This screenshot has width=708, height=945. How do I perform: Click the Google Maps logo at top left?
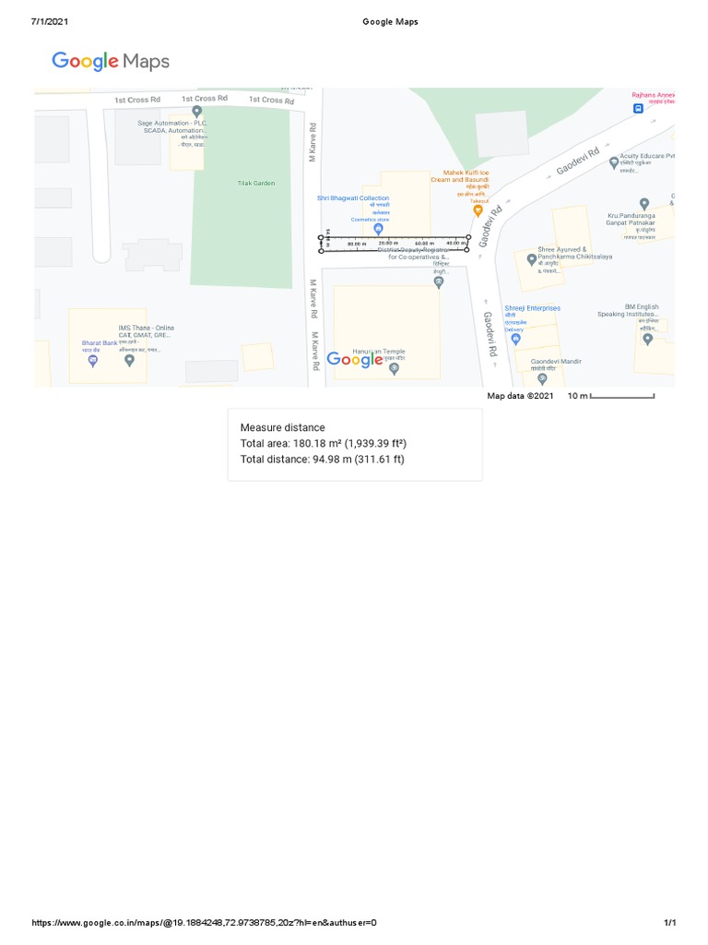click(x=111, y=62)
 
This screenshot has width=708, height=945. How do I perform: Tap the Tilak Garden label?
click(x=256, y=184)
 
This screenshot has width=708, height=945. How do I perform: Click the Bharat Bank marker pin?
click(x=92, y=361)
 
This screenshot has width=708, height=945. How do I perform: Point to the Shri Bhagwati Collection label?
click(x=353, y=198)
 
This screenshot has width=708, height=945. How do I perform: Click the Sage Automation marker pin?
click(x=196, y=112)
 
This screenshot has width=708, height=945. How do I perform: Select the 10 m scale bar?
click(x=621, y=397)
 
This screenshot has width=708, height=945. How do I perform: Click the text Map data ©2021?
click(x=520, y=397)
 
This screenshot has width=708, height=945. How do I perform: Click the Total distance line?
click(x=323, y=460)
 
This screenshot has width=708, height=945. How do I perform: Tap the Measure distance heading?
click(x=283, y=428)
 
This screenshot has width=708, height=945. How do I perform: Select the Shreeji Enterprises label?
click(x=532, y=308)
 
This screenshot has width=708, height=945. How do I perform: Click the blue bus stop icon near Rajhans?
click(x=638, y=109)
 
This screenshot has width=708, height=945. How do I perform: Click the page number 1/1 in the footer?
click(x=670, y=923)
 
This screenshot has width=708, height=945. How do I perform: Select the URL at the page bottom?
click(x=204, y=923)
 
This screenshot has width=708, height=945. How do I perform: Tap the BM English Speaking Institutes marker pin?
click(x=647, y=340)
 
